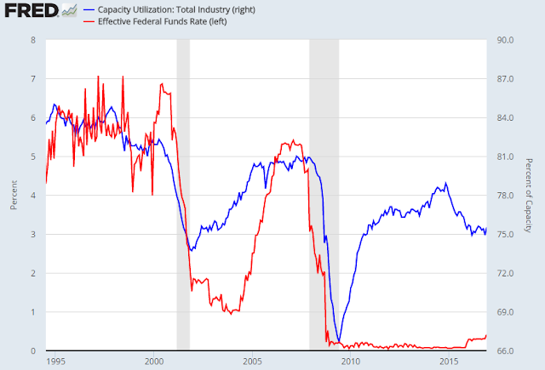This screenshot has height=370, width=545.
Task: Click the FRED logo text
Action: [x=32, y=10]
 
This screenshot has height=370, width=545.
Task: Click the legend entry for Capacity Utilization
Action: [x=169, y=9]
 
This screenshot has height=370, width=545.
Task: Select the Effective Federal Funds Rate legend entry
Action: [x=155, y=21]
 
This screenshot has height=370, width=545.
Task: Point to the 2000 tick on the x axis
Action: [x=154, y=361]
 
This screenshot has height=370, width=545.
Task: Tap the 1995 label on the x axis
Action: [x=55, y=361]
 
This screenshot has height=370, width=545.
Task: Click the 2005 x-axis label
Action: [x=252, y=361]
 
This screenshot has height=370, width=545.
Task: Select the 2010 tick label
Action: [x=351, y=361]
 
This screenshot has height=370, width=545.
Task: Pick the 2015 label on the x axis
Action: [x=449, y=361]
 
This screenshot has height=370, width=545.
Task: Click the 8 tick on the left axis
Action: [x=33, y=40]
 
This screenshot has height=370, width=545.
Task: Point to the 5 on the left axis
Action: [x=33, y=157]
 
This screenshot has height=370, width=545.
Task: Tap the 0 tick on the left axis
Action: [x=33, y=351]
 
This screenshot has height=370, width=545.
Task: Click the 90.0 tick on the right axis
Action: [x=505, y=40]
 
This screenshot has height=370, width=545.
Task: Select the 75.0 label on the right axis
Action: [x=505, y=234]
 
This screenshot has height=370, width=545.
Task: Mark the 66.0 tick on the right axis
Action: [x=505, y=351]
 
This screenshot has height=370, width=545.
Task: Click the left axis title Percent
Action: [x=14, y=195]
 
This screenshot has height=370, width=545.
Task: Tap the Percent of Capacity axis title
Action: [x=529, y=196]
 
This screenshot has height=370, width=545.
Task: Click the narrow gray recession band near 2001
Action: [x=183, y=195]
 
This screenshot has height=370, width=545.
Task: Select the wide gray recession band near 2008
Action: [x=324, y=195]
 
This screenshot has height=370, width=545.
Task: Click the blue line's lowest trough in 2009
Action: [x=339, y=341]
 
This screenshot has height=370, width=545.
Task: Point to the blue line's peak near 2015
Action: [x=445, y=183]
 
